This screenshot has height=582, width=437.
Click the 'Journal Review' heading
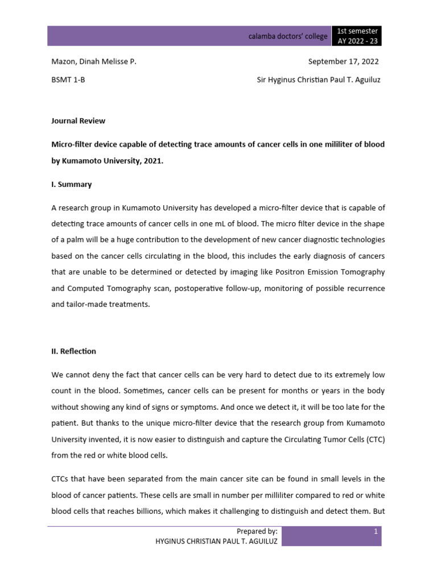coord(78,120)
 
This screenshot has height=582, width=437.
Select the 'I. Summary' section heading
coord(71,185)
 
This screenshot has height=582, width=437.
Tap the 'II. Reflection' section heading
coord(73,351)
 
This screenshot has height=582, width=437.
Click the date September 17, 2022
coord(343,62)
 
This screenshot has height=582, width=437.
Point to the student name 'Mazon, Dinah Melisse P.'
coord(93,62)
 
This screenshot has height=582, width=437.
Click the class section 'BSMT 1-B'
coord(68,80)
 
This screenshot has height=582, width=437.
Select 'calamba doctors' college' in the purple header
coord(288,36)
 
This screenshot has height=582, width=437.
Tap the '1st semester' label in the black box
coord(357,31)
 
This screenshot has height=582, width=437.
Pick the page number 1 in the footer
coord(376,531)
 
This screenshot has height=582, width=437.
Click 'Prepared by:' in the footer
coord(257,531)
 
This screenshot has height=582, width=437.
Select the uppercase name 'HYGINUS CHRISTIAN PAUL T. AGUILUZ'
coord(216,542)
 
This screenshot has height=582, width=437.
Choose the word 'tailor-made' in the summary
coord(86,304)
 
